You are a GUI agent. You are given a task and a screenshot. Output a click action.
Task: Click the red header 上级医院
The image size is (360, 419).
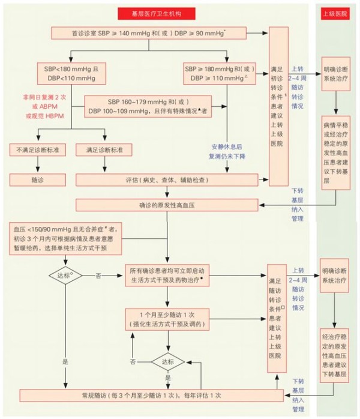tap(335, 12)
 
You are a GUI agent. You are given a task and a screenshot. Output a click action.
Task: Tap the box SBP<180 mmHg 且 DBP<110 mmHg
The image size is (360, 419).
tap(71, 73)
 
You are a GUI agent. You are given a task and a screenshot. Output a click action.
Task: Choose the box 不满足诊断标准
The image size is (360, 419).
tap(37, 149)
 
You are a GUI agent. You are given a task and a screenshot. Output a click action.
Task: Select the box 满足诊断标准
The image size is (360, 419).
tap(104, 149)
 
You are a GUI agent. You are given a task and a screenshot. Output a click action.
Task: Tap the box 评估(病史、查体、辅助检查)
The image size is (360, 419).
tap(170, 179)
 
